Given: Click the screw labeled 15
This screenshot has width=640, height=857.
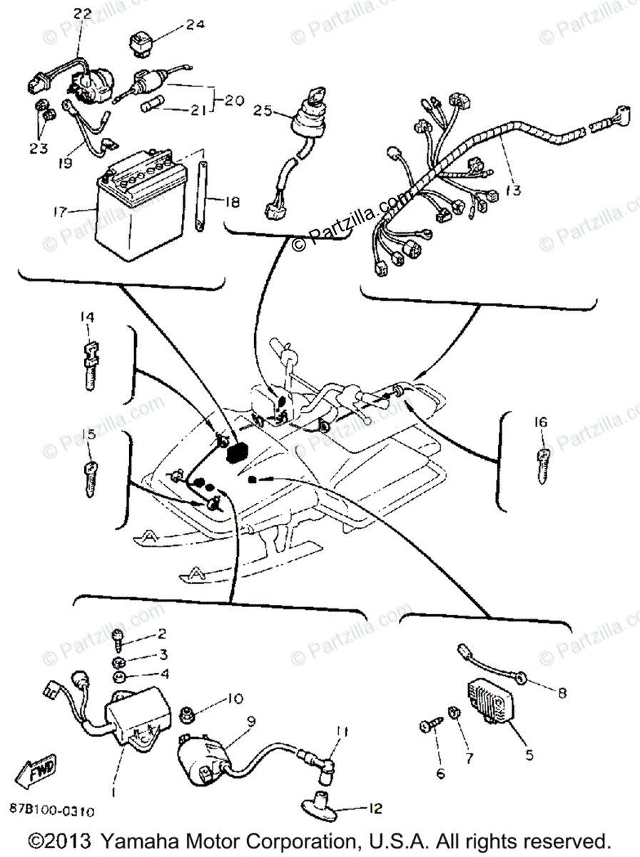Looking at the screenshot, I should (x=89, y=481).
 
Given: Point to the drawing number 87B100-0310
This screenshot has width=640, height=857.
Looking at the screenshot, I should (x=54, y=811).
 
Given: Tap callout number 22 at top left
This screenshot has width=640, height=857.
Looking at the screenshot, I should (x=83, y=14).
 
